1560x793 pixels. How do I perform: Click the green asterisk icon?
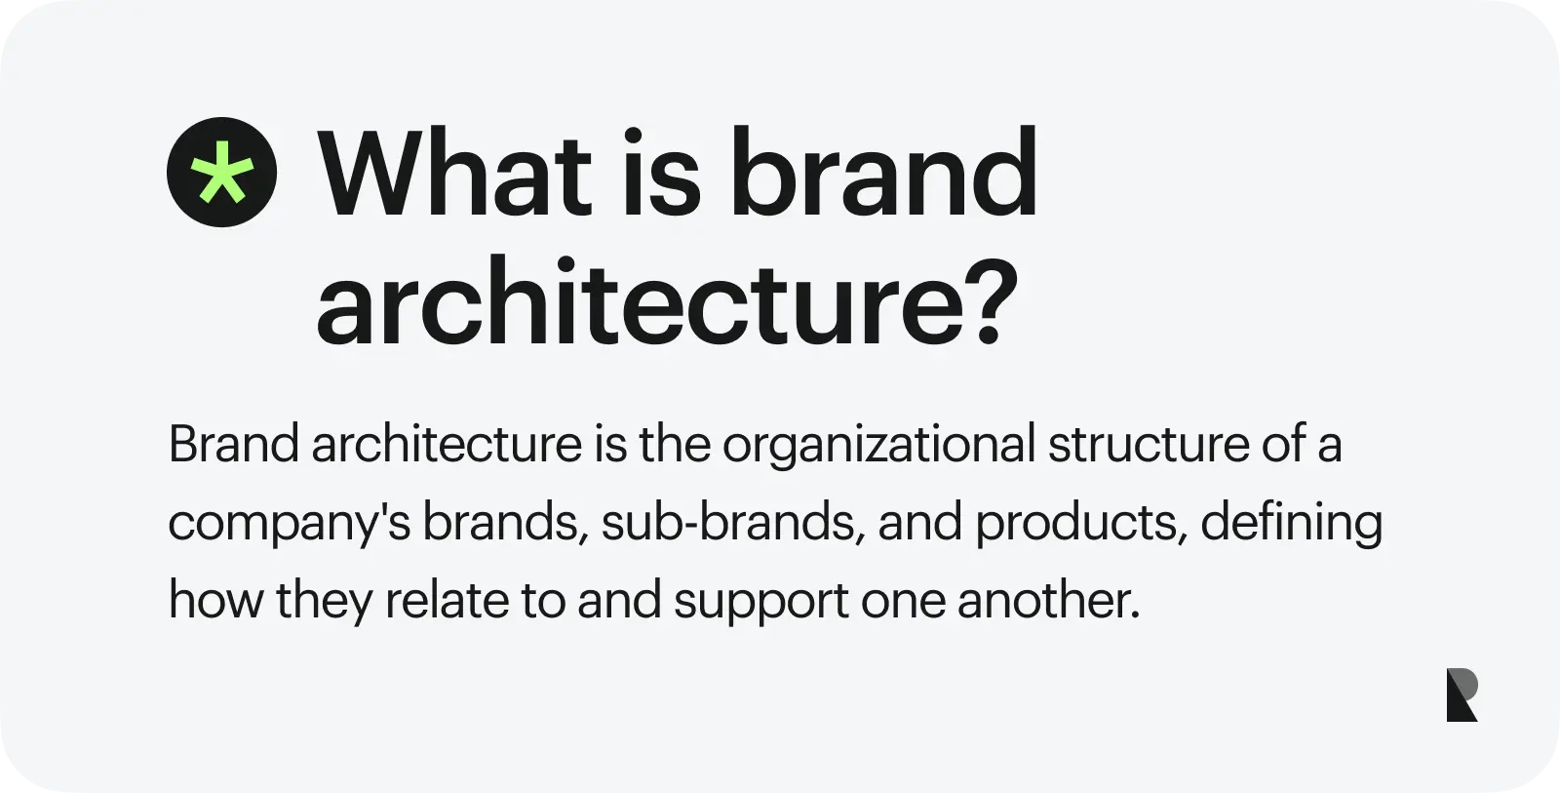pyautogui.click(x=221, y=172)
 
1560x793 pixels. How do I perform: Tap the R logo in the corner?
pyautogui.click(x=1462, y=694)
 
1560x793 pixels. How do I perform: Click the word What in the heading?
pyautogui.click(x=455, y=172)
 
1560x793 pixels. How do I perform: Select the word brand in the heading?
pyautogui.click(x=884, y=172)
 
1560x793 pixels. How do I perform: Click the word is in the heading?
pyautogui.click(x=662, y=172)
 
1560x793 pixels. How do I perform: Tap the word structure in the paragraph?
pyautogui.click(x=1150, y=444)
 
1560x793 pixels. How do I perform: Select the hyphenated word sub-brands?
pyautogui.click(x=727, y=522)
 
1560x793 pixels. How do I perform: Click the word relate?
pyautogui.click(x=447, y=601)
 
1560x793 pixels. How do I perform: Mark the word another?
pyautogui.click(x=1047, y=601)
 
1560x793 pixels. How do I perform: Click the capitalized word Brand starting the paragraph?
pyautogui.click(x=234, y=444)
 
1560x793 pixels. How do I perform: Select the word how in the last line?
pyautogui.click(x=215, y=601)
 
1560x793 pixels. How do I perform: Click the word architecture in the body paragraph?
pyautogui.click(x=447, y=444)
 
